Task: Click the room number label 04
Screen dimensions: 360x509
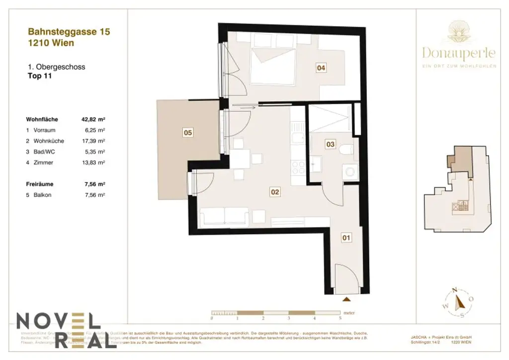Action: coord(322,68)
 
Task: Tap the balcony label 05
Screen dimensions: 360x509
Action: coord(188,133)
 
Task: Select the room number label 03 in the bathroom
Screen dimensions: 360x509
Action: coord(330,144)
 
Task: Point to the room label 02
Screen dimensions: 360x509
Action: coord(274,191)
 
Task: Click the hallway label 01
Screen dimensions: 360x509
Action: coord(346,238)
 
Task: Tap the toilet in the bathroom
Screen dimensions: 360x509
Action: coord(347,149)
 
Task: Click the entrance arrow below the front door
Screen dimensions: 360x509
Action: coord(346,299)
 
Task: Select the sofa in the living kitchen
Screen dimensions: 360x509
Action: coord(224,217)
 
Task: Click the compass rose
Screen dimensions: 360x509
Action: coord(459,301)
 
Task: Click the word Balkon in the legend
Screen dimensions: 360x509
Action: coord(42,195)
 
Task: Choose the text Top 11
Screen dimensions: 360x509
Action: coord(40,77)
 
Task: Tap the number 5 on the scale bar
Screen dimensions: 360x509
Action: coord(340,317)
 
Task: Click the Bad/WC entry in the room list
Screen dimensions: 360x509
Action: coord(44,152)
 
